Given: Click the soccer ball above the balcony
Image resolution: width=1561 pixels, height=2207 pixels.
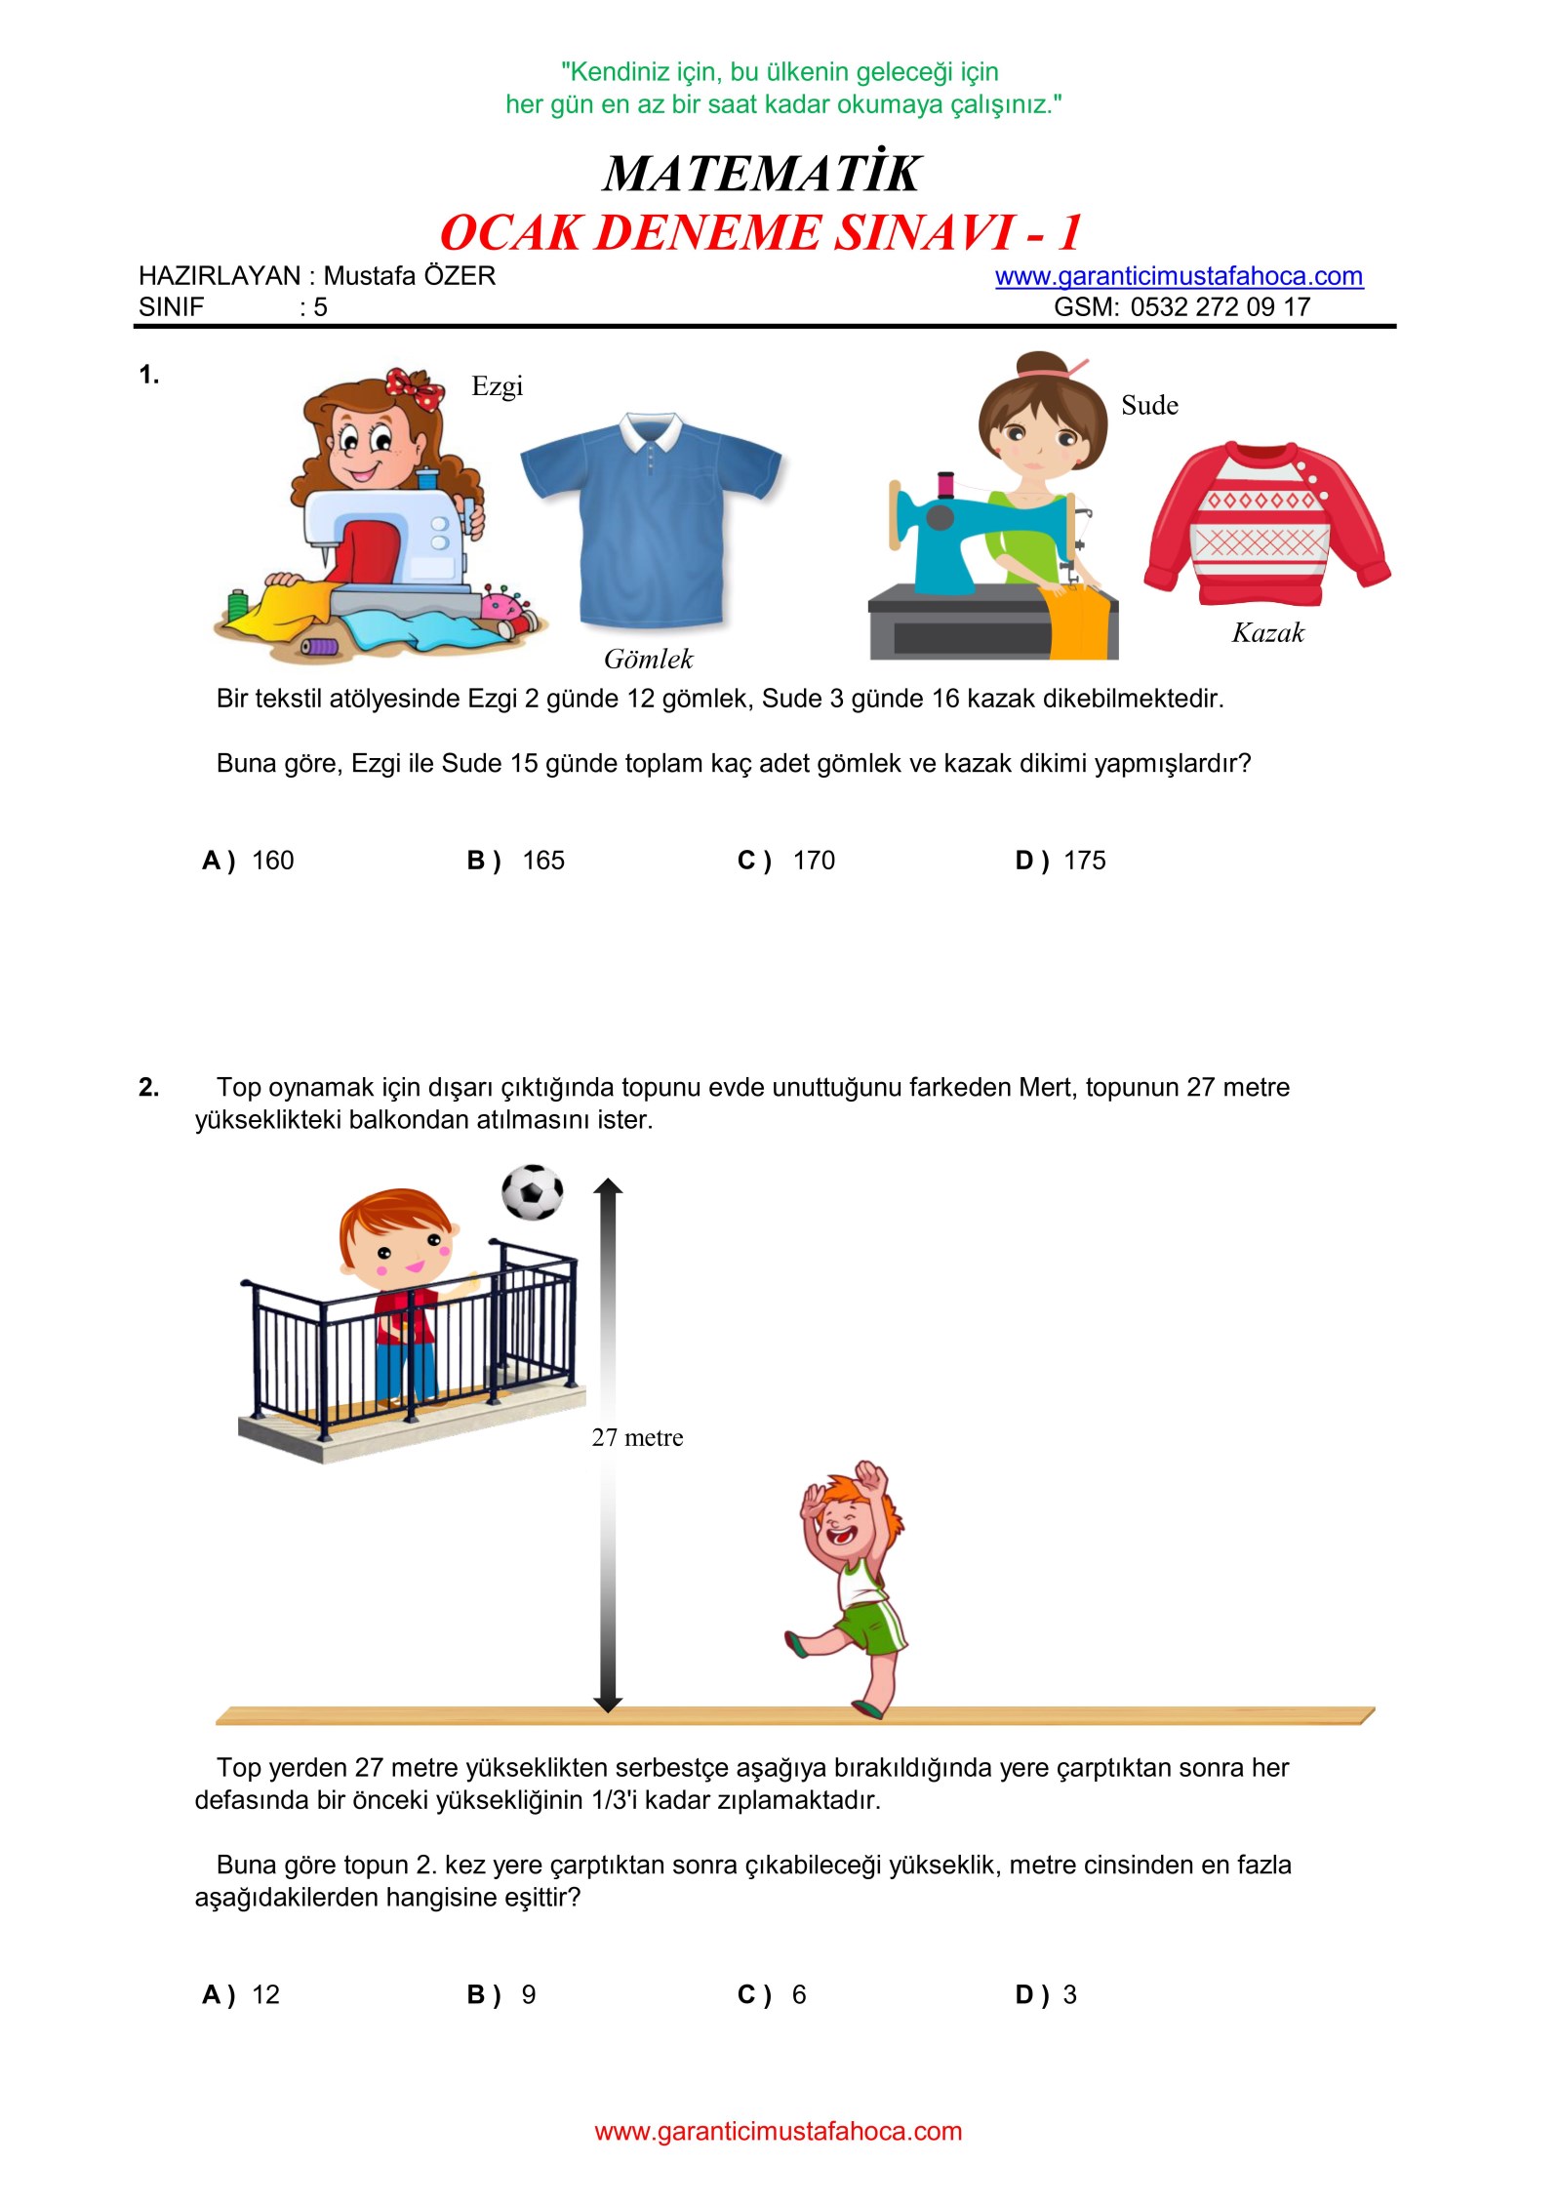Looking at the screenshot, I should (532, 1191).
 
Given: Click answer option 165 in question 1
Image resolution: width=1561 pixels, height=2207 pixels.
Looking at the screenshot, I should (542, 861).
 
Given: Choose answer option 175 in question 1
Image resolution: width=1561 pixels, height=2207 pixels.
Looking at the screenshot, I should (1084, 861).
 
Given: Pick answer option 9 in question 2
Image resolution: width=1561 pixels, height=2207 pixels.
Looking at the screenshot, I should (528, 1994).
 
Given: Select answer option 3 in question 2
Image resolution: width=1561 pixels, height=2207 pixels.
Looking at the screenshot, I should (1069, 1994).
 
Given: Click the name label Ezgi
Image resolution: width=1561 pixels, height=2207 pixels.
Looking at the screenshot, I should (497, 386).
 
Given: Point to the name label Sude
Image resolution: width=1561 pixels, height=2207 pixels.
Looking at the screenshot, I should (1149, 406).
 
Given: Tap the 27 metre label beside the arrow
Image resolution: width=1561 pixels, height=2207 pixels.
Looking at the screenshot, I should (637, 1437).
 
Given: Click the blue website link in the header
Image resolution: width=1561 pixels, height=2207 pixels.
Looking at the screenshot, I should (1179, 276).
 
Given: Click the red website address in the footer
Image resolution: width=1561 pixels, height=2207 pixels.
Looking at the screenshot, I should (778, 2131).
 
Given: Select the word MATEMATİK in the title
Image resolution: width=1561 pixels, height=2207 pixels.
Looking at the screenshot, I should (762, 174).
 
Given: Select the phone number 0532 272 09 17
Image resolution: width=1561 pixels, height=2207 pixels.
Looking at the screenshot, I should (1220, 307).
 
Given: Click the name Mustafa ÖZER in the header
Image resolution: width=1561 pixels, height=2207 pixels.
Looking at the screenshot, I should (409, 276).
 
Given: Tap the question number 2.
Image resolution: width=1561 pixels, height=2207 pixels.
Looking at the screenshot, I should (148, 1087).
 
